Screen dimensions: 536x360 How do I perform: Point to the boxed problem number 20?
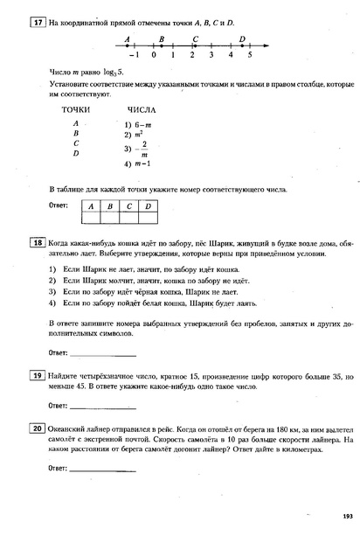click(x=38, y=430)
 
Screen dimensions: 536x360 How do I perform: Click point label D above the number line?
click(x=241, y=38)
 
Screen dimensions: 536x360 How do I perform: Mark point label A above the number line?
click(x=128, y=38)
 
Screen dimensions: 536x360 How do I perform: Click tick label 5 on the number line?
click(x=250, y=55)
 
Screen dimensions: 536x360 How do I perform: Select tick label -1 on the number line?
click(x=132, y=55)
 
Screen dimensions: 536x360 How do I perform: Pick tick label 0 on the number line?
click(x=153, y=55)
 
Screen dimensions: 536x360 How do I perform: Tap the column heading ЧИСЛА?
click(x=142, y=111)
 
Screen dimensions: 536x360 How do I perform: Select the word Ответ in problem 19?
click(x=58, y=406)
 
